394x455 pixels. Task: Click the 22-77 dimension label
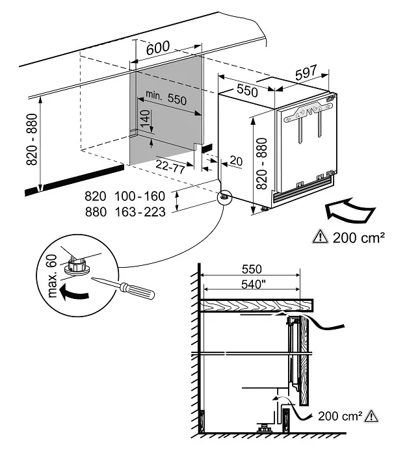[x=171, y=166]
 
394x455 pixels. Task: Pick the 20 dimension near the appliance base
[x=235, y=161]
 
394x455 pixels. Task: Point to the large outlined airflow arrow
[x=348, y=212]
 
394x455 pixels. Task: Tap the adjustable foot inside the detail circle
[x=79, y=265]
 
